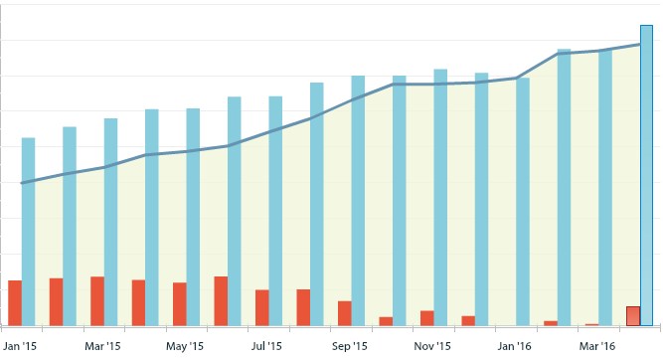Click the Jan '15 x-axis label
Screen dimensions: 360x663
pyautogui.click(x=20, y=346)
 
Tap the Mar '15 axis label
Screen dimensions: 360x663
pyautogui.click(x=102, y=346)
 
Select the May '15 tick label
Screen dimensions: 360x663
pyautogui.click(x=185, y=346)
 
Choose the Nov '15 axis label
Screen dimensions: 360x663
pyautogui.click(x=432, y=346)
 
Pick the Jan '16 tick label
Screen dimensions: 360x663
pyautogui.click(x=515, y=346)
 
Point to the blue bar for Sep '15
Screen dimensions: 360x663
pyautogui.click(x=358, y=200)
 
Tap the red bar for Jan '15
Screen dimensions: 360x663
pyautogui.click(x=15, y=302)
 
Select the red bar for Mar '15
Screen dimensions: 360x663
pyautogui.click(x=97, y=300)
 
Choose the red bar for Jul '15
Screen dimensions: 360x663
pyautogui.click(x=262, y=307)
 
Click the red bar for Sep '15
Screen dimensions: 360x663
pyautogui.click(x=345, y=313)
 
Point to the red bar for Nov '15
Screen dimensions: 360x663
pyautogui.click(x=427, y=318)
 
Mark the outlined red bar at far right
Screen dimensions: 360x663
pyautogui.click(x=633, y=316)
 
